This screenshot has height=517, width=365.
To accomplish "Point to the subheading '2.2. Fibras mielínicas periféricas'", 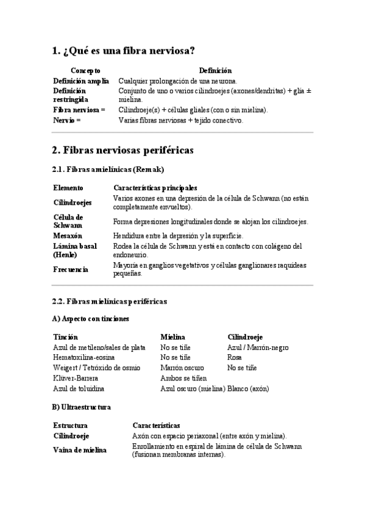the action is tap(110, 301).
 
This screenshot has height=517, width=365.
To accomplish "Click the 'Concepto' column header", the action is tap(85, 71).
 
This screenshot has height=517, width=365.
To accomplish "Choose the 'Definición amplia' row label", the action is tap(81, 80).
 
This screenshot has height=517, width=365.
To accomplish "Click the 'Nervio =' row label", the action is tap(67, 120).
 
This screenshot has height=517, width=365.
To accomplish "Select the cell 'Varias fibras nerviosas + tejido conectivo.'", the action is tap(180, 120).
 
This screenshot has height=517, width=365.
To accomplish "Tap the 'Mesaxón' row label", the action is tap(68, 235).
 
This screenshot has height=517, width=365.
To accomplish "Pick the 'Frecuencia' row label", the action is tap(71, 269).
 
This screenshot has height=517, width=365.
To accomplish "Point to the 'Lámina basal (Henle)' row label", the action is tap(75, 250).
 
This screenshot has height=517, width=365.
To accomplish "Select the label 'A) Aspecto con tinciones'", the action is tap(91, 319).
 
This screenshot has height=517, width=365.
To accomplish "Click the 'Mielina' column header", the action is tap(172, 337).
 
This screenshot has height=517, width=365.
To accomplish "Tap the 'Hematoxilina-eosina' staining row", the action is tap(83, 357).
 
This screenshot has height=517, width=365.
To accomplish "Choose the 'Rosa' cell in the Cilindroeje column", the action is tap(235, 357).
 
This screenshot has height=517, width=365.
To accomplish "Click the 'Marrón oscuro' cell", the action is tap(182, 368).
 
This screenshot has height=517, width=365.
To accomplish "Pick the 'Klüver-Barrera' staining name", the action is tap(76, 378).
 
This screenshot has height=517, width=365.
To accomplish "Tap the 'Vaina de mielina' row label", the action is tap(80, 450).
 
